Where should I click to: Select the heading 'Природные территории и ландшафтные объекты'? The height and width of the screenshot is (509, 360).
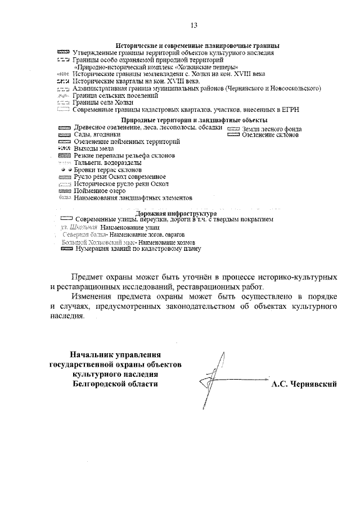[x=195, y=120]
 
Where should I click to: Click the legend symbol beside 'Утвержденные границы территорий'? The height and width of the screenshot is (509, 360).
[x=63, y=52]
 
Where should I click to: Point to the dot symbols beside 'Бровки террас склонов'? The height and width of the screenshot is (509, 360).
[x=65, y=169]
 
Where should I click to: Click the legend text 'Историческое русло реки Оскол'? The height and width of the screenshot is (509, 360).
[x=121, y=184]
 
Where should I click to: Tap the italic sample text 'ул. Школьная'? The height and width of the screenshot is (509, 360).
[x=79, y=227]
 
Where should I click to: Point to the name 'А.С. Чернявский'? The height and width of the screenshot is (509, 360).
[x=304, y=385]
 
